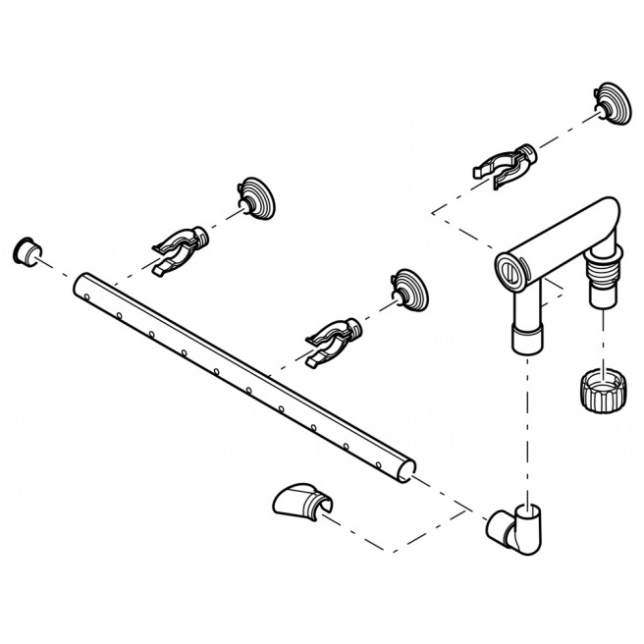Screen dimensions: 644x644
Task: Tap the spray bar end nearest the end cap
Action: click(x=80, y=285)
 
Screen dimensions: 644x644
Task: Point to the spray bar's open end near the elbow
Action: click(x=406, y=473)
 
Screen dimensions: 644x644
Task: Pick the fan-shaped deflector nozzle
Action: click(x=299, y=503)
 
